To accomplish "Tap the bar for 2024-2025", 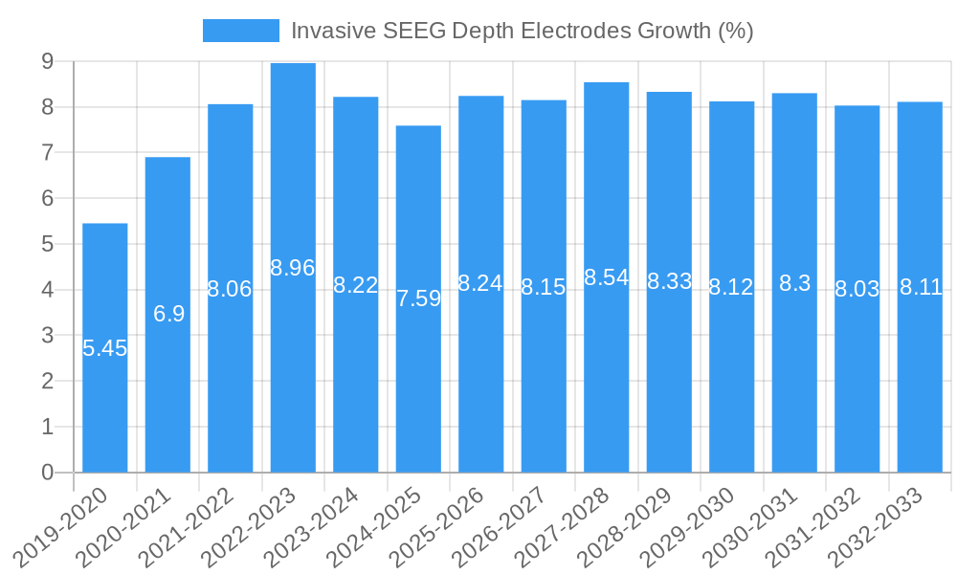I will (418, 383).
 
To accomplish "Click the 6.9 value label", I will (168, 314).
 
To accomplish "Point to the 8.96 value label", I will (293, 268).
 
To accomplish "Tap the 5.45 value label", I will (105, 348).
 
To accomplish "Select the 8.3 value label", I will (794, 283).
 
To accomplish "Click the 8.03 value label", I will (857, 289).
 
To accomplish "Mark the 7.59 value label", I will (418, 298).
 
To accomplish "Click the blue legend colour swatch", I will (241, 31).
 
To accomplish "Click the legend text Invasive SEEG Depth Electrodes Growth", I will (522, 31).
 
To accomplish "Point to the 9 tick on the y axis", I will (47, 61).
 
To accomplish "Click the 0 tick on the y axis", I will (47, 473).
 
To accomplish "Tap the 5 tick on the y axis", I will (47, 244).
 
